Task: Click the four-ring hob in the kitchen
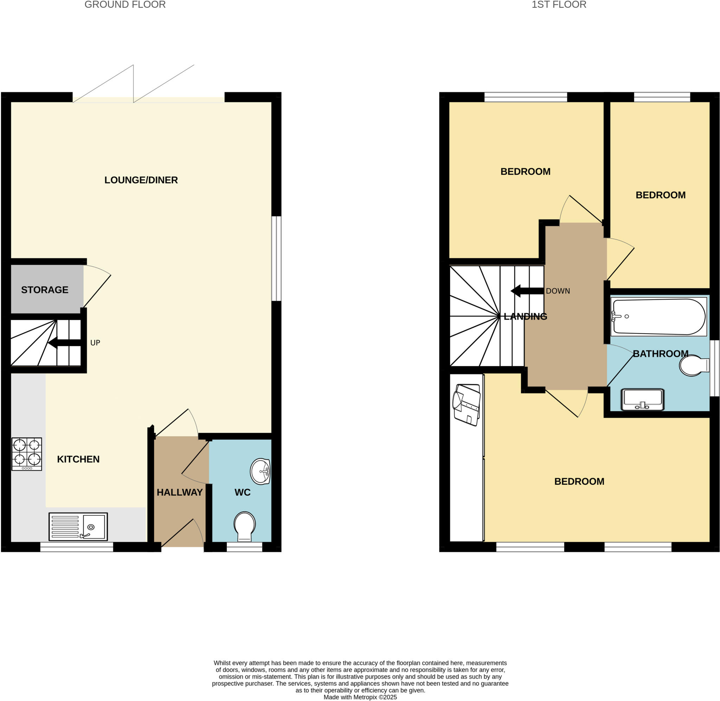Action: pos(26,454)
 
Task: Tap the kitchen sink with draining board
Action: pos(78,527)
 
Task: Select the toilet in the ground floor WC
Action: pos(244,526)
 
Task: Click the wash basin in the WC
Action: pos(260,471)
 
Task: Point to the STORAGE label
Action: pos(45,290)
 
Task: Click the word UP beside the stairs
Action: pos(95,343)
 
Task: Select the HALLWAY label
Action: pos(180,492)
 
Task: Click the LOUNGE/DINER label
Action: pos(141,180)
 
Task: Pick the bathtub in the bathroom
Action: pos(658,317)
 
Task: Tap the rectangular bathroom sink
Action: pos(642,399)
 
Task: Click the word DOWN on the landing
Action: pos(558,291)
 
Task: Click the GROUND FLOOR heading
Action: pos(125,5)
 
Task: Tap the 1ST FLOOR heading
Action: pos(559,5)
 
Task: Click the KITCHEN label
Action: pos(78,459)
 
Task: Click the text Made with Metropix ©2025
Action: pos(360,697)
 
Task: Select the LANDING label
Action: pos(525,316)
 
